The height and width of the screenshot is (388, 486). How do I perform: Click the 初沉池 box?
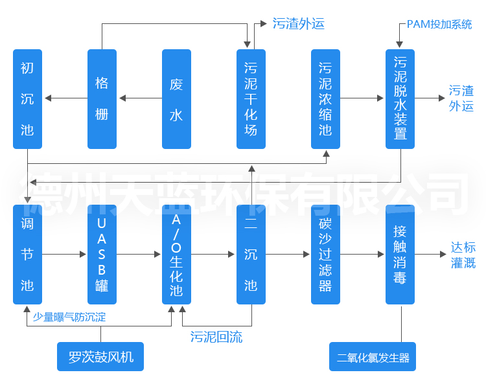coord(27,98)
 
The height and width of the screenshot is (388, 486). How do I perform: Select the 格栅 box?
coord(102,98)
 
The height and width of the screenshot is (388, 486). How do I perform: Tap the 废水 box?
coord(176,98)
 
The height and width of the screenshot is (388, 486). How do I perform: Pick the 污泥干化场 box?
coord(251,98)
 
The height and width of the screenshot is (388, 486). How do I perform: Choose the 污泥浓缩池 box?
coord(325,98)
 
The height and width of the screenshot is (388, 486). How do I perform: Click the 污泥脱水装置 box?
coord(400,98)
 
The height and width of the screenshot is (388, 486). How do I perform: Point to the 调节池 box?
coord(27,255)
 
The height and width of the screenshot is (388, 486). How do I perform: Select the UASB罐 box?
coord(102,255)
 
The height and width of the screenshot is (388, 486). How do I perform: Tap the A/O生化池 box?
coord(176,255)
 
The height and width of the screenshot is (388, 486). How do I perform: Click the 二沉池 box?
coord(251,255)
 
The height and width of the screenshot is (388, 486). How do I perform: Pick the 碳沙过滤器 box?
coord(325,255)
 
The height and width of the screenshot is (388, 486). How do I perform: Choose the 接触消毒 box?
coord(400,255)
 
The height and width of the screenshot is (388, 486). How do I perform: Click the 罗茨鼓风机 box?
coord(100,357)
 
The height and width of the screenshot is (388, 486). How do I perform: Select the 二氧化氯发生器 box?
coord(373,357)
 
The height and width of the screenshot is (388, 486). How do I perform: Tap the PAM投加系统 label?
coord(439,25)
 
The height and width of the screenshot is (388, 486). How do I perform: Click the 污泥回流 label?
coord(216,337)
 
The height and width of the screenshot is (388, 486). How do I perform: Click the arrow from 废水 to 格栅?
coord(140,98)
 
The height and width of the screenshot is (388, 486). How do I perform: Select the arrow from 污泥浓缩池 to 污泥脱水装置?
coord(362,98)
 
